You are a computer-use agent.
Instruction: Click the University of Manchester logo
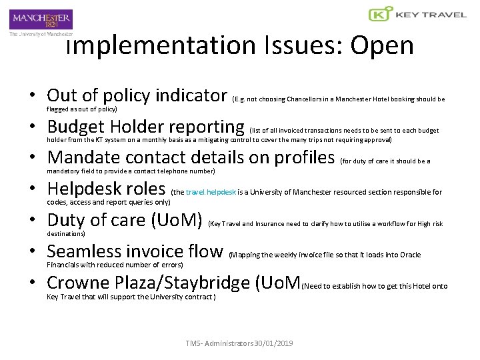coord(41,22)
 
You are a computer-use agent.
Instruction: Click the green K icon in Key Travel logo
coord(380,14)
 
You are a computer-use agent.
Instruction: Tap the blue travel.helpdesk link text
coord(211,192)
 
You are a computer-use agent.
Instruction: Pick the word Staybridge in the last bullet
coord(204,283)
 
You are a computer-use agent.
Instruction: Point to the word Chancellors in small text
coord(307,99)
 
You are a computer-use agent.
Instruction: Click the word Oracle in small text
coord(409,255)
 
